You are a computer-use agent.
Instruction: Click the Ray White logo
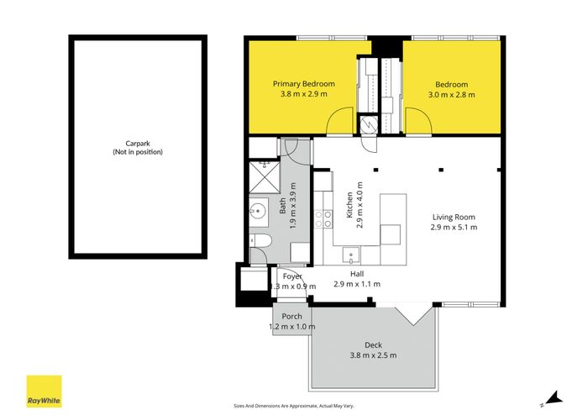(x=44, y=391)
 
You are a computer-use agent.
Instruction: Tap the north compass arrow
(x=554, y=398)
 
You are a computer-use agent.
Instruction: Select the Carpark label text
(x=138, y=144)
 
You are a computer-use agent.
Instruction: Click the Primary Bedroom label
(x=304, y=84)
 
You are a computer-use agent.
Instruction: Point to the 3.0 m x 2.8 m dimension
(x=452, y=95)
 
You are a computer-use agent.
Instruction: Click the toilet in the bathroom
(x=260, y=241)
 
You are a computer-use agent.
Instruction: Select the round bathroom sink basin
(x=259, y=211)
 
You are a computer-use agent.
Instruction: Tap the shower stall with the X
(x=265, y=177)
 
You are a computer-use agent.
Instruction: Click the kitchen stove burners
(x=323, y=218)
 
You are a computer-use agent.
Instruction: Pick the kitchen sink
(x=351, y=255)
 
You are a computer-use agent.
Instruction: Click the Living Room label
(x=454, y=217)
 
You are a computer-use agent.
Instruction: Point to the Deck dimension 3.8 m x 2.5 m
(x=373, y=355)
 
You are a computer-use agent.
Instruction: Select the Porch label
(x=291, y=317)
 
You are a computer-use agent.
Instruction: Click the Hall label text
(x=357, y=274)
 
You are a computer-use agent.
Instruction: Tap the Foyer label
(x=292, y=276)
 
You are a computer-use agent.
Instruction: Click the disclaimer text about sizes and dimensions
(x=294, y=406)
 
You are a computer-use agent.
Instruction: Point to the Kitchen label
(x=349, y=205)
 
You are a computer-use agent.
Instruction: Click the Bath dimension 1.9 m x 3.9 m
(x=293, y=206)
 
